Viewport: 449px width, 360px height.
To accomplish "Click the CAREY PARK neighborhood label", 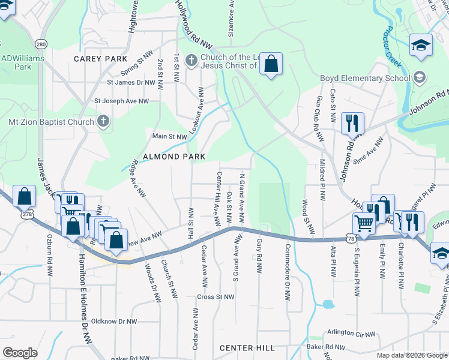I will (100, 59).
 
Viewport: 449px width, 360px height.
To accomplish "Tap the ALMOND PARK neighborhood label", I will (173, 157).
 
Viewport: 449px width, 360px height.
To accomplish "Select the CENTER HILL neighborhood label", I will (247, 348).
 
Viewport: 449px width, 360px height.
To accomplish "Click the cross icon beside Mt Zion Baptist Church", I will (103, 122).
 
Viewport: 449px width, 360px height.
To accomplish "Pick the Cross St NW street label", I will (216, 297).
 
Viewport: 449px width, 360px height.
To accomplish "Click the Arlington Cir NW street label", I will (351, 334).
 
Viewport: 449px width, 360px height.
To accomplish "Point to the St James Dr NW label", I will (131, 82).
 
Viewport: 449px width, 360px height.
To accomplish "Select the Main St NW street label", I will (169, 137).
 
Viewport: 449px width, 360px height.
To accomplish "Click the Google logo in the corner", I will (20, 353).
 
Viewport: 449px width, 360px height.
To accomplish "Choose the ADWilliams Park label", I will (16, 62).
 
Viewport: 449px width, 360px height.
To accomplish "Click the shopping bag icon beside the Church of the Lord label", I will (271, 64).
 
